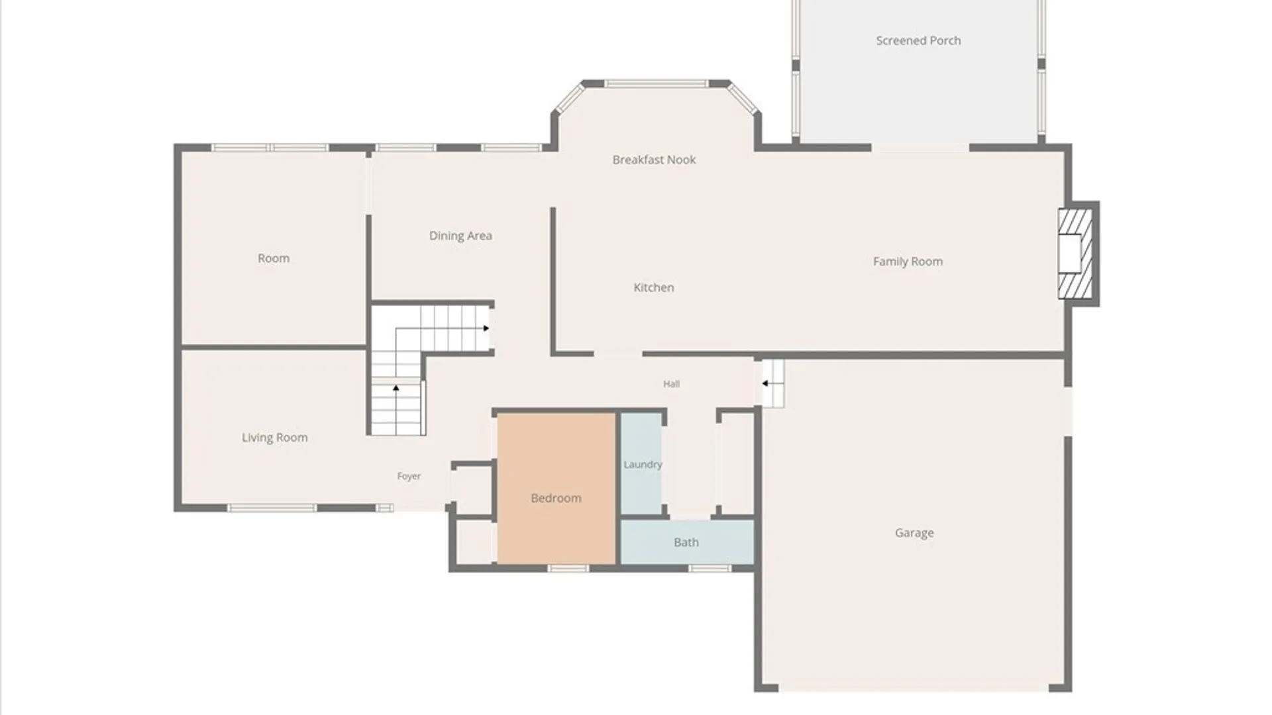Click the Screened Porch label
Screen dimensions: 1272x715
click(x=918, y=40)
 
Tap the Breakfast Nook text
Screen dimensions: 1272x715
click(x=654, y=160)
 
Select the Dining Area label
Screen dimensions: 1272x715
click(x=460, y=236)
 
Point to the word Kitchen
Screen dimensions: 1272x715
click(x=654, y=287)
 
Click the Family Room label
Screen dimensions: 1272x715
click(x=908, y=262)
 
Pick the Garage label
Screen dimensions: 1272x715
click(x=914, y=533)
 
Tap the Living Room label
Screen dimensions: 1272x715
click(x=274, y=438)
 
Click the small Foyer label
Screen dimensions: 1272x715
click(x=409, y=476)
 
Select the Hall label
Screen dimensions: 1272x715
click(x=672, y=384)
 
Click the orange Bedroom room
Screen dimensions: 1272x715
click(x=556, y=489)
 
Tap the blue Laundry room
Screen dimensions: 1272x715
click(x=641, y=463)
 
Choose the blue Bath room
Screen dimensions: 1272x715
click(x=687, y=542)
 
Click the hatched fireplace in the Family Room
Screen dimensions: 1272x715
click(x=1075, y=254)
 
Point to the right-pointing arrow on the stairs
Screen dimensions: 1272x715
click(x=486, y=328)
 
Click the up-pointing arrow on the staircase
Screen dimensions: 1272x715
click(x=396, y=389)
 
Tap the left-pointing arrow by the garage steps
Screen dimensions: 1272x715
click(x=765, y=383)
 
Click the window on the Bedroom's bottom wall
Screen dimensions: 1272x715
click(x=568, y=568)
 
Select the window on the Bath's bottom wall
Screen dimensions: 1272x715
click(x=710, y=568)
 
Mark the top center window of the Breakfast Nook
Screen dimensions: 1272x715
click(x=657, y=84)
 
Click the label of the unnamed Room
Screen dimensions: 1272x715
click(x=274, y=258)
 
